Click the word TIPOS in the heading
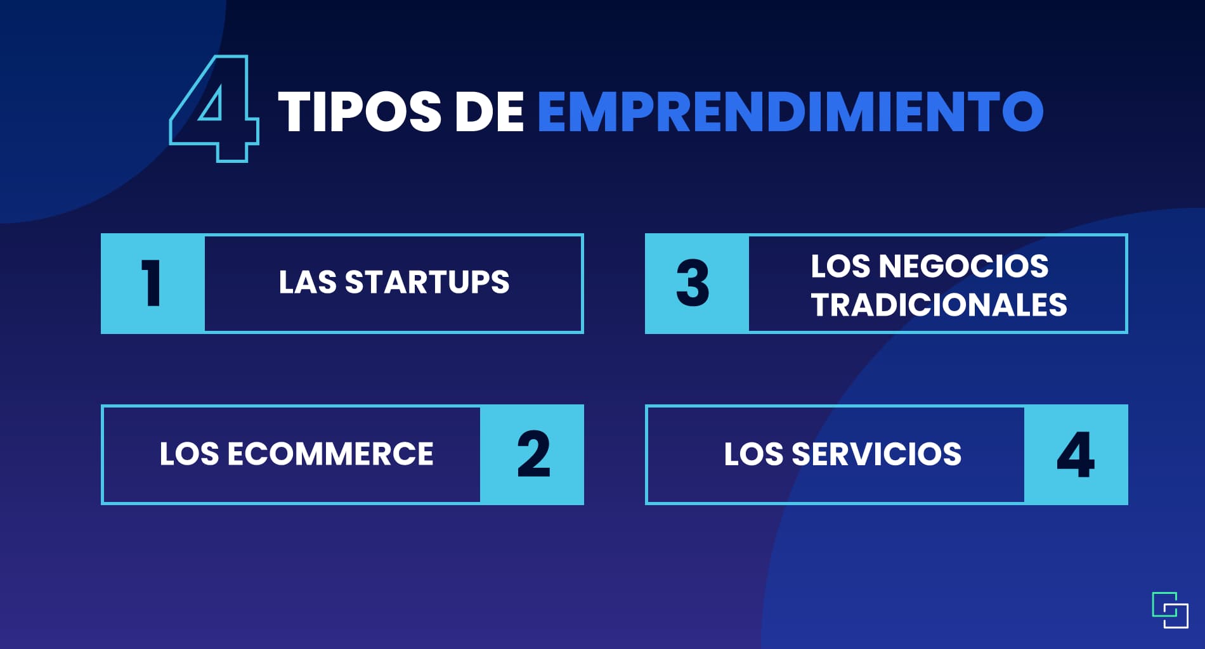(x=359, y=112)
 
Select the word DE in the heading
(x=490, y=112)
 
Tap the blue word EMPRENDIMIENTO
(x=790, y=112)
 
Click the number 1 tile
(x=153, y=283)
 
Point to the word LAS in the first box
(x=308, y=282)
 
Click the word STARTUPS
(x=427, y=282)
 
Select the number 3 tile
(x=697, y=283)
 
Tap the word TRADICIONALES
(x=939, y=304)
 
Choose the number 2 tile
(x=532, y=454)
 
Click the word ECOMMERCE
(x=330, y=454)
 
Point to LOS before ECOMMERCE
(x=189, y=454)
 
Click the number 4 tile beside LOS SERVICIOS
(x=1076, y=454)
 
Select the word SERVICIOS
(x=876, y=454)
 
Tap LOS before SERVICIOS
(x=753, y=454)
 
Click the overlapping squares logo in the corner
(x=1170, y=610)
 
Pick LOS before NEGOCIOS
(x=841, y=266)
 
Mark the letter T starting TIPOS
(x=297, y=112)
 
